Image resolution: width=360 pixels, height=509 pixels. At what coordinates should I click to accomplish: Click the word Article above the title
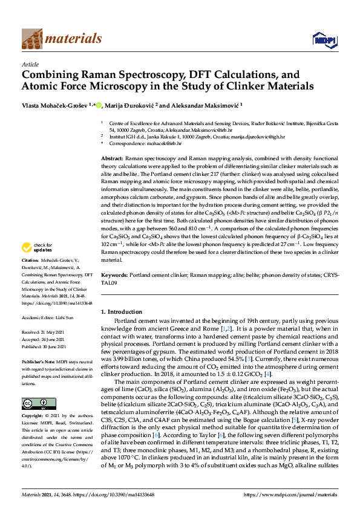coord(30,63)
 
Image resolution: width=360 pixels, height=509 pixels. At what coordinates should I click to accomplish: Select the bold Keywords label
coord(115,274)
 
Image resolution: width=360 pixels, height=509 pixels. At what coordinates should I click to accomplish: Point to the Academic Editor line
coord(48,317)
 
